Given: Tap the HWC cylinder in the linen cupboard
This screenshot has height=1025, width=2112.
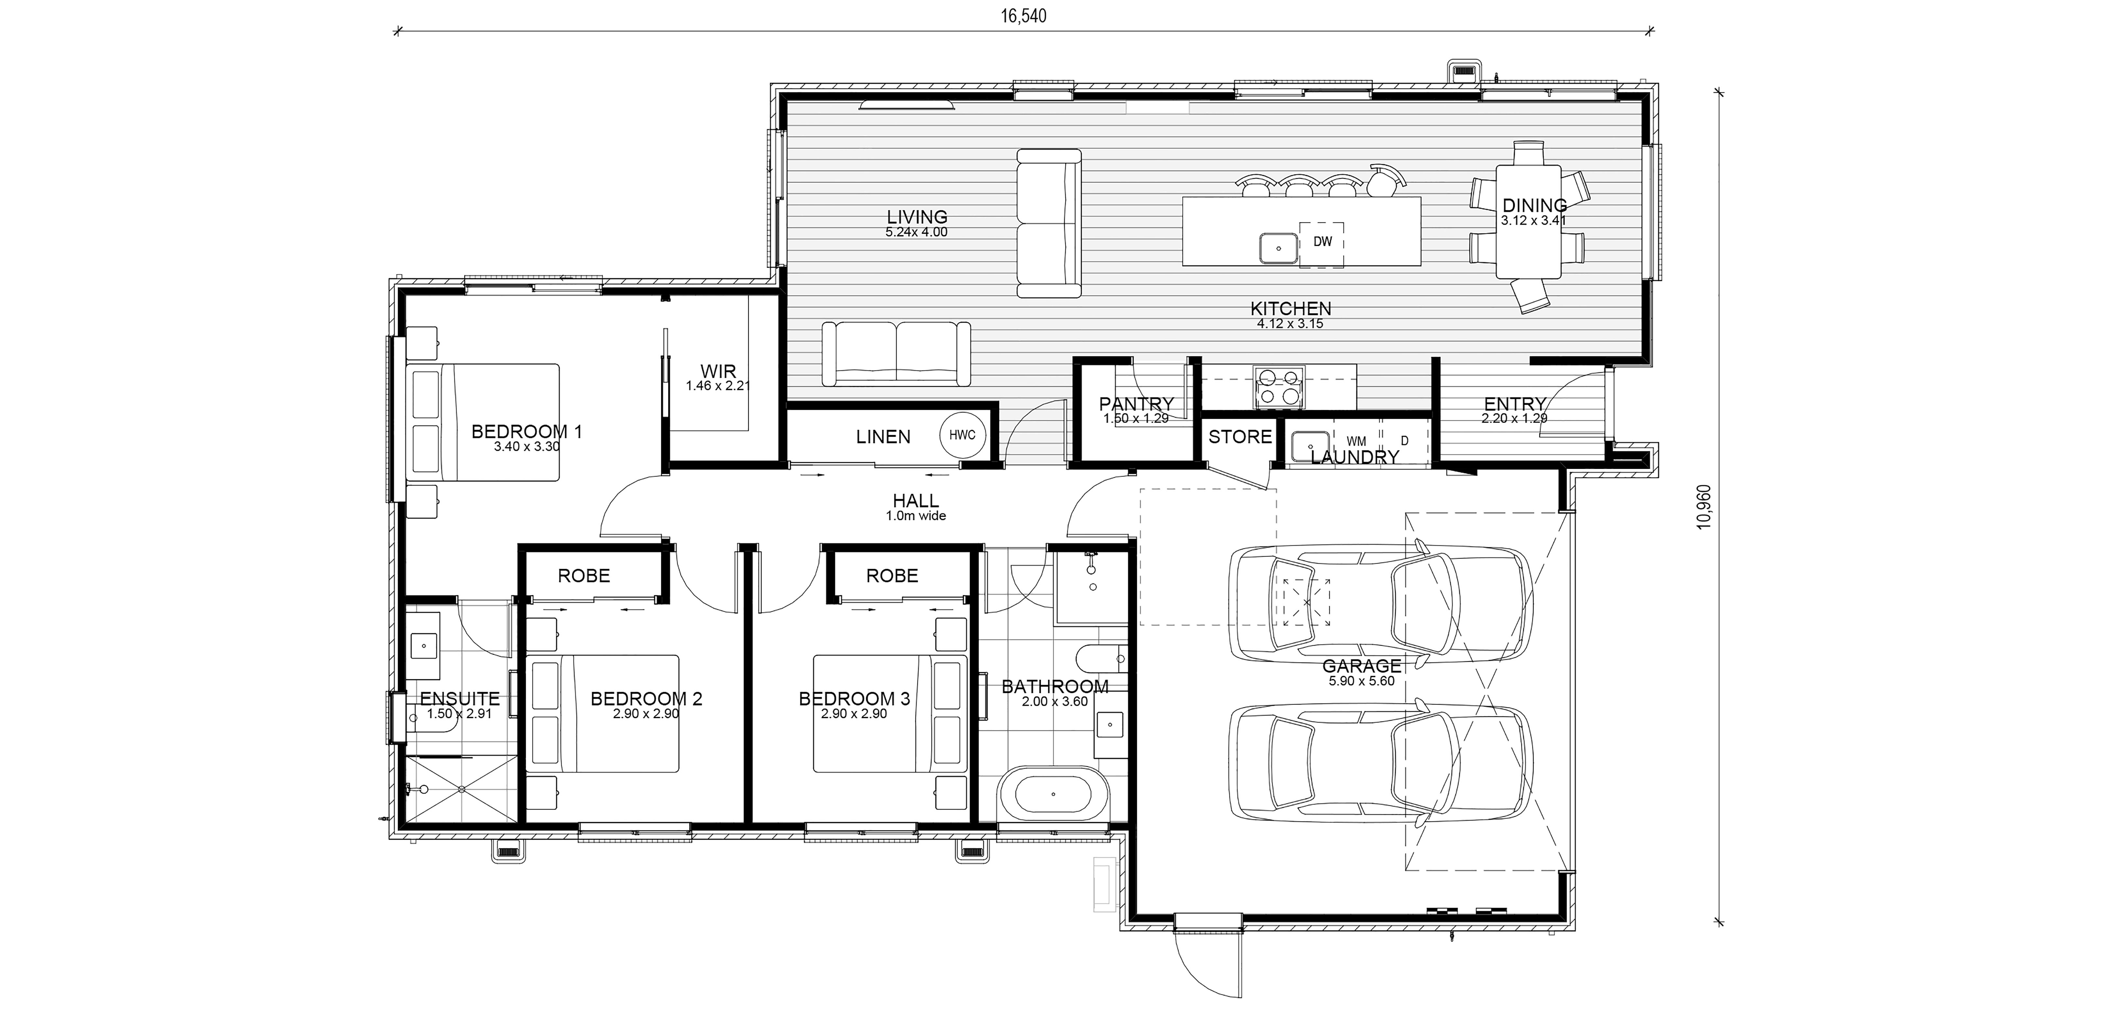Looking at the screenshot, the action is point(963,435).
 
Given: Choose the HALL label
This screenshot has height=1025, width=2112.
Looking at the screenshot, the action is point(916,500).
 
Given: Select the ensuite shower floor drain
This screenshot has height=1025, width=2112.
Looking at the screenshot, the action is point(462,789).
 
